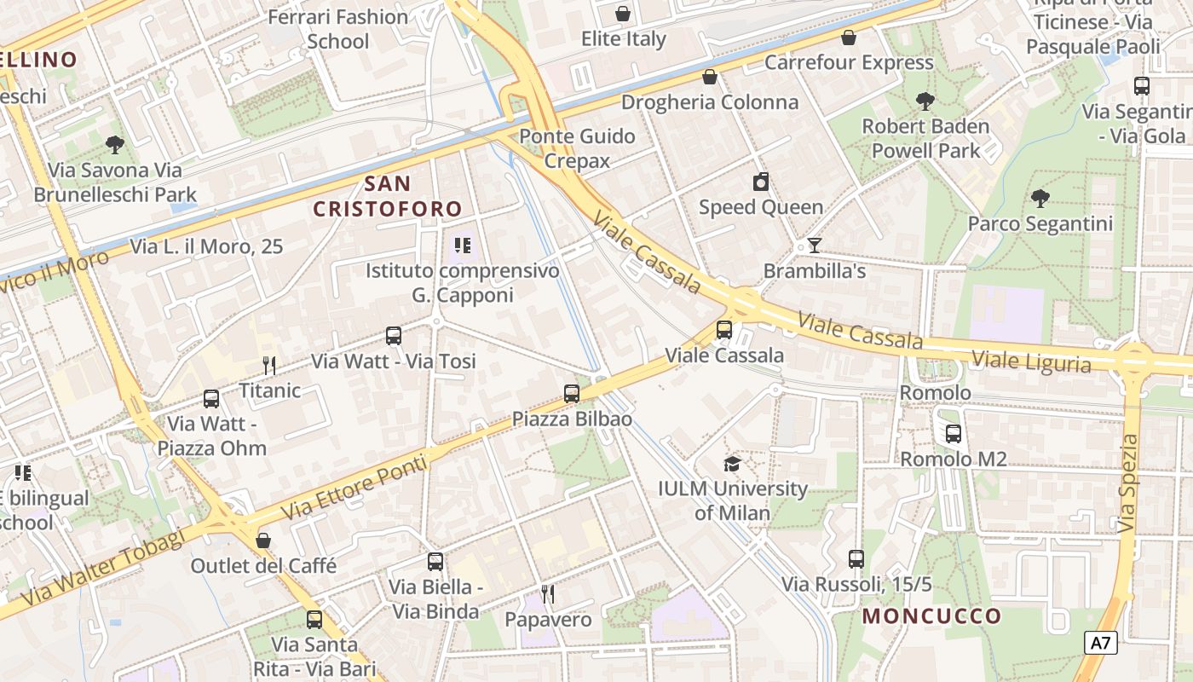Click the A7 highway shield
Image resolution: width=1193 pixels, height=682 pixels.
(x=1100, y=643)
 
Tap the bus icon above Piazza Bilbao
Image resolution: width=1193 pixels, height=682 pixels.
(x=572, y=394)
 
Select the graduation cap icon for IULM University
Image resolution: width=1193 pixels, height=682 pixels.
(x=732, y=464)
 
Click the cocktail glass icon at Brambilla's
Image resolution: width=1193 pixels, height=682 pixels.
(x=815, y=246)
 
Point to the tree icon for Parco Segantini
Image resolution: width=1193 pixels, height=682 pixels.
(x=1040, y=199)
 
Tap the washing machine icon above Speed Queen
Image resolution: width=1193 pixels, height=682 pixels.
(x=761, y=182)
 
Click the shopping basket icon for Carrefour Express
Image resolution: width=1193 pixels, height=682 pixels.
(x=849, y=38)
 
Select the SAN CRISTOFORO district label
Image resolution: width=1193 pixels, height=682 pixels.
(x=388, y=196)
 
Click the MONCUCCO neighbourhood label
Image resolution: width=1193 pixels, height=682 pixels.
(x=931, y=616)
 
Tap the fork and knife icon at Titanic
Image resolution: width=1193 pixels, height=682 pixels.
(x=269, y=366)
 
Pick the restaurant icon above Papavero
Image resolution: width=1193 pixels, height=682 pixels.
(x=548, y=593)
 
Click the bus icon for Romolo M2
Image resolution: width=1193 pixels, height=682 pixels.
(x=954, y=434)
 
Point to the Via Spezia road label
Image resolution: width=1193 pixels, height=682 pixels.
(x=1128, y=483)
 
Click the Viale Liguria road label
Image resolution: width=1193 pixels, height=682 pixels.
(x=1031, y=361)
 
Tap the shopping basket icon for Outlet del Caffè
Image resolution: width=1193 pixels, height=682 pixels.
(x=263, y=540)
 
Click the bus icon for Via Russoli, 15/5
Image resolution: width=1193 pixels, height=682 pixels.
(x=856, y=559)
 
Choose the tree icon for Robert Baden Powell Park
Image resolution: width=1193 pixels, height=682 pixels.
(x=925, y=101)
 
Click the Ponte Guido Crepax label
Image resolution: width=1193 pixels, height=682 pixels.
(x=577, y=148)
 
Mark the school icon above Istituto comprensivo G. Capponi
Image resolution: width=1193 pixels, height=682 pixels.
(x=463, y=246)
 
